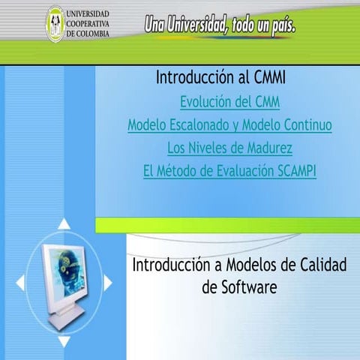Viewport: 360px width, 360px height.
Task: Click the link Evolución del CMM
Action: tap(229, 102)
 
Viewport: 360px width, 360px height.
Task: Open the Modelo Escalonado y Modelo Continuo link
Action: tap(229, 125)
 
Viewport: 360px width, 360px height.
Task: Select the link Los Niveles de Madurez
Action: tap(229, 148)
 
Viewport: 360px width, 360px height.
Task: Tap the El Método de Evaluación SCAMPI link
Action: tap(229, 171)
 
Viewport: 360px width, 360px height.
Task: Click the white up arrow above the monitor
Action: tap(64, 223)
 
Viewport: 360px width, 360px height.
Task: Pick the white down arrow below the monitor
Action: tap(64, 341)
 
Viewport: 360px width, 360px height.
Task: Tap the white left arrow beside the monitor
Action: tap(20, 283)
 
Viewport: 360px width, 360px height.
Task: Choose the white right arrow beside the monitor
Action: tap(108, 283)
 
